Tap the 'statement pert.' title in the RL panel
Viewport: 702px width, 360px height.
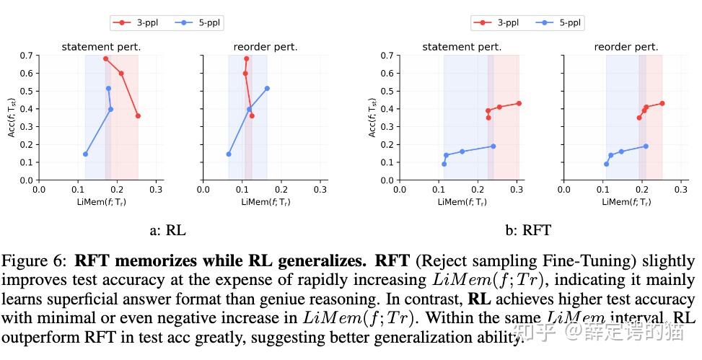click(100, 47)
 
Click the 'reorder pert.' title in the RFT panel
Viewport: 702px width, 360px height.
click(626, 47)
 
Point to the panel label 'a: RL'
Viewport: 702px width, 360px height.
click(167, 231)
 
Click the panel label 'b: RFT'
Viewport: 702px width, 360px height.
click(527, 231)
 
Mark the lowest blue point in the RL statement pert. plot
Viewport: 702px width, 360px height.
click(85, 154)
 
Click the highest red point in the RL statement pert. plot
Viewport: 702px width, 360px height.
click(105, 58)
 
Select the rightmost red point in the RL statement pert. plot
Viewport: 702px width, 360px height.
click(138, 115)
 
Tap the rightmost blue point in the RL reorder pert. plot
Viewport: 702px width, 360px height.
click(267, 88)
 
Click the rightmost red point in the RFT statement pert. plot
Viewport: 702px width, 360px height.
click(519, 103)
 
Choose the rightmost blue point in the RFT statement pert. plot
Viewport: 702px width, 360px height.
click(493, 146)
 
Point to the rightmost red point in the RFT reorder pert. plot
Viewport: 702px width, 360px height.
click(662, 103)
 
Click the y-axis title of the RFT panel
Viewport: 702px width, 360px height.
click(372, 118)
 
